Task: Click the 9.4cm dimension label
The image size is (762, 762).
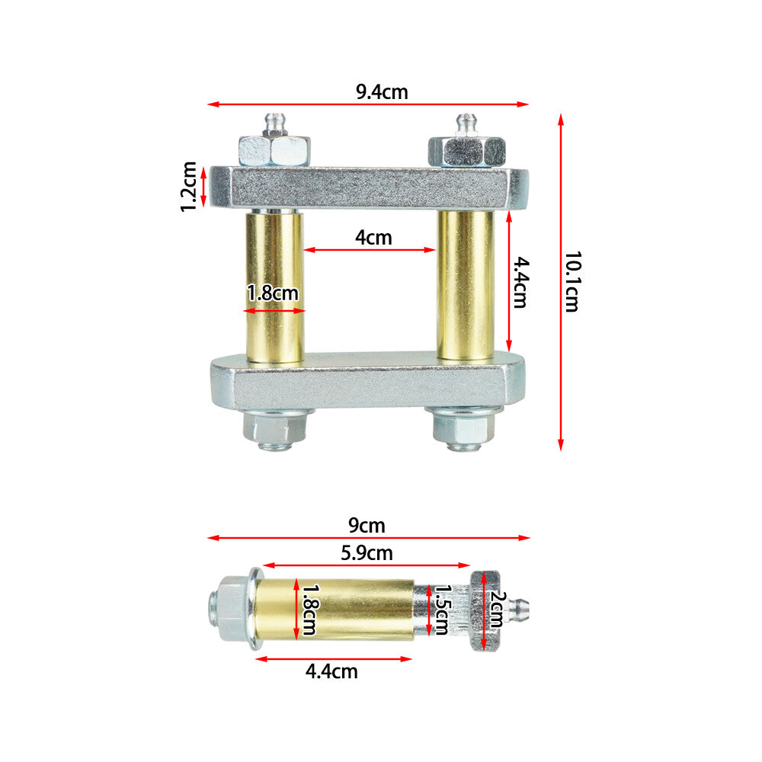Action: point(382,92)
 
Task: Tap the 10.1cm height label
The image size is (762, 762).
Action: point(572,282)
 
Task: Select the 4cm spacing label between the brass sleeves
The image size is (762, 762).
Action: point(373,237)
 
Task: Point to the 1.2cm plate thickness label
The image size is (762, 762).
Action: point(188,187)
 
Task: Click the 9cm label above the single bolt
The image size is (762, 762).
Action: point(367,525)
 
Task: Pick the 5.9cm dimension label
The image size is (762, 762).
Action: point(367,553)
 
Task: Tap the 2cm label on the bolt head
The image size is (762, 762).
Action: point(497,610)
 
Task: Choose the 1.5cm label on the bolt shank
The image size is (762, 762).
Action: point(442,610)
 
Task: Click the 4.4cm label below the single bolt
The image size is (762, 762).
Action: point(331,671)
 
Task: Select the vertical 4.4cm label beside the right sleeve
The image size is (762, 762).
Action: point(520,283)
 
